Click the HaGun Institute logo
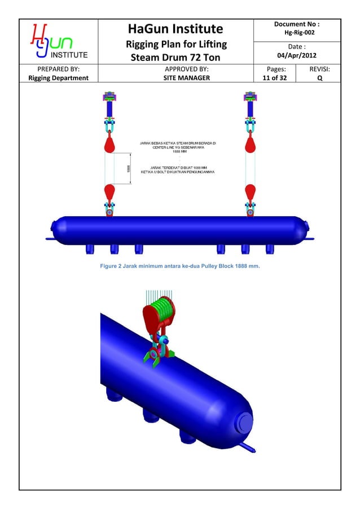pyautogui.click(x=58, y=41)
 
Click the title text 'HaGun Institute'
pyautogui.click(x=175, y=29)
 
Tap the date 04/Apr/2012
pyautogui.click(x=297, y=56)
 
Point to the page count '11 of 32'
pyautogui.click(x=274, y=78)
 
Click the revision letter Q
pyautogui.click(x=320, y=78)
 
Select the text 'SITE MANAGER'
pyautogui.click(x=175, y=78)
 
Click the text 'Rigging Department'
pyautogui.click(x=58, y=78)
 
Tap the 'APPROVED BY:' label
pyautogui.click(x=175, y=69)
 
